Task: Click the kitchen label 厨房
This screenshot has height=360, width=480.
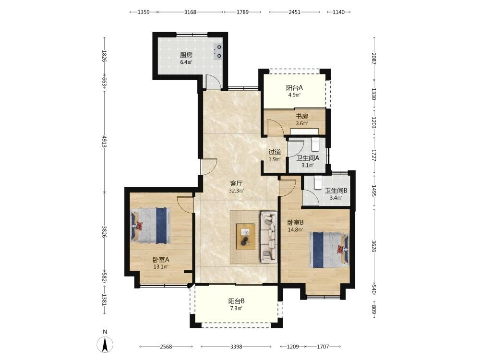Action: [x=186, y=55]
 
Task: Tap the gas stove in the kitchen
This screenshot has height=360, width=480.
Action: [x=217, y=51]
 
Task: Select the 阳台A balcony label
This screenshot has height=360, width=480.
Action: [x=295, y=88]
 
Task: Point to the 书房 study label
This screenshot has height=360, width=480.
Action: [x=302, y=117]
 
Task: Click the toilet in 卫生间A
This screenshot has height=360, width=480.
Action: [x=315, y=144]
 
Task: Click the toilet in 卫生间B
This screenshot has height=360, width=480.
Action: [x=318, y=183]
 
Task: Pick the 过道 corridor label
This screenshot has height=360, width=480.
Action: [x=275, y=152]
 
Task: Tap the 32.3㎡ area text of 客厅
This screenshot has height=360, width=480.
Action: [x=236, y=191]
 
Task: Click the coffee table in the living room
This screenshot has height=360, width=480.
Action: [x=245, y=237]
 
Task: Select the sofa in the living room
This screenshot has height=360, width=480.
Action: [x=269, y=237]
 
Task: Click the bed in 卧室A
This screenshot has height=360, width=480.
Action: [x=151, y=226]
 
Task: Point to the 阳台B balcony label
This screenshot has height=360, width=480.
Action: [x=236, y=301]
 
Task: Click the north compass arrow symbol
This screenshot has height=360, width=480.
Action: [x=105, y=344]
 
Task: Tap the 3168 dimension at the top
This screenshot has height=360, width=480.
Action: [x=190, y=12]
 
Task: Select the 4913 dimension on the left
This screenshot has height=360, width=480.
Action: [x=104, y=142]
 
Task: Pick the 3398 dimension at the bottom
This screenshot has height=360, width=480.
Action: [x=236, y=347]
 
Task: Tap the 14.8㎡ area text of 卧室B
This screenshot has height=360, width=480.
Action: [x=295, y=229]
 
